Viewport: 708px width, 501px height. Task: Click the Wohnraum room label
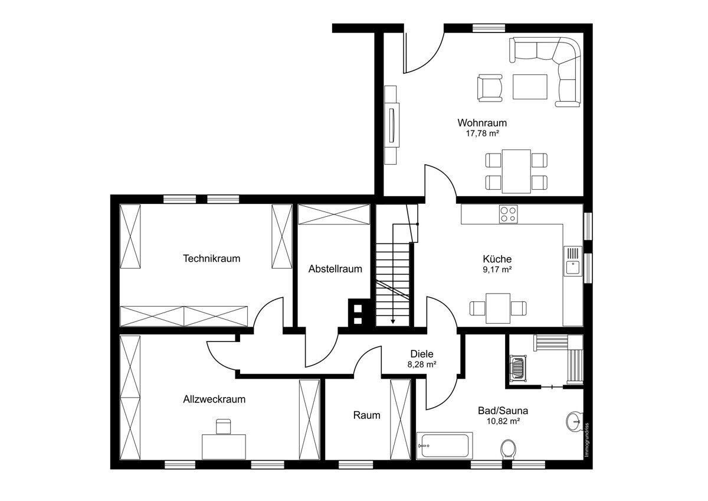[482, 122]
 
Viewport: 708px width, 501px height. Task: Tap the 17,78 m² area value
[483, 134]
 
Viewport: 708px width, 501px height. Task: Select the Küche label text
[497, 259]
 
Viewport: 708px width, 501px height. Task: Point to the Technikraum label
[211, 258]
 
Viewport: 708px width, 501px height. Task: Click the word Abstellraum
[335, 269]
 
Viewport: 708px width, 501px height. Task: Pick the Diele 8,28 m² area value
[422, 365]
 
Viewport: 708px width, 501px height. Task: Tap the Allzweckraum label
[214, 399]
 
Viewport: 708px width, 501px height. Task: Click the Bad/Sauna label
[503, 411]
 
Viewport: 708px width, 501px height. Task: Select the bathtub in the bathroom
[445, 445]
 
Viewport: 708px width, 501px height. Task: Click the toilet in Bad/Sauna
[509, 449]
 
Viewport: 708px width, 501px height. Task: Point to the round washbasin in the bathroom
[574, 421]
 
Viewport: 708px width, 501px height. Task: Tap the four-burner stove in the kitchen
[508, 214]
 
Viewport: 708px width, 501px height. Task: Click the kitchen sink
[573, 261]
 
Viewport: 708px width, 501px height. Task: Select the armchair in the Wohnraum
[490, 88]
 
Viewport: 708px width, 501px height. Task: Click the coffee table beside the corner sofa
[530, 87]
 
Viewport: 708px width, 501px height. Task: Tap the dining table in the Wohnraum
[516, 171]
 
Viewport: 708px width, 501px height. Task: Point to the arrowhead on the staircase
[393, 321]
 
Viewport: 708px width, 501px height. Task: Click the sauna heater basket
[518, 369]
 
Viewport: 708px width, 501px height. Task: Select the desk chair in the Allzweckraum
[223, 427]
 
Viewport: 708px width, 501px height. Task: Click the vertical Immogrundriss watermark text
[586, 440]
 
